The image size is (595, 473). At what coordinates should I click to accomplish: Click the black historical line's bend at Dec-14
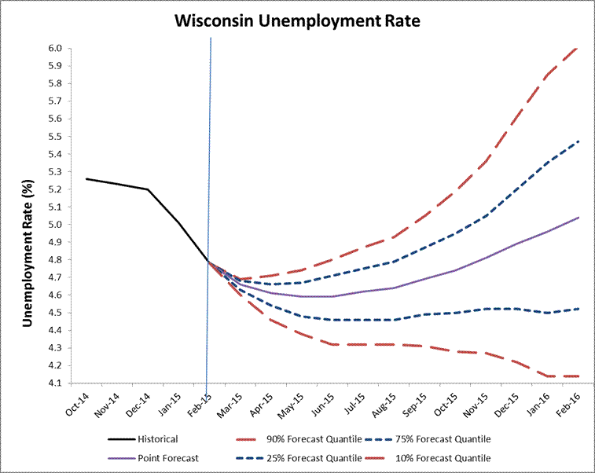click(x=148, y=189)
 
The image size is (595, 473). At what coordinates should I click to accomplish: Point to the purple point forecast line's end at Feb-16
click(x=579, y=217)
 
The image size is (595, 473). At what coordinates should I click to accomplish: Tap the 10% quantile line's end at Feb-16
click(x=579, y=376)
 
